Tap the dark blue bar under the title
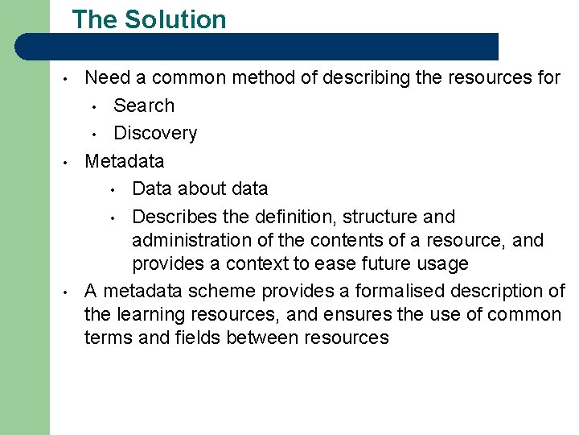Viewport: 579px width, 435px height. point(265,47)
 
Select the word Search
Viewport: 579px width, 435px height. point(144,106)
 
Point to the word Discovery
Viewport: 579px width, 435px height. point(155,133)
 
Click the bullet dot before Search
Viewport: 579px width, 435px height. point(94,107)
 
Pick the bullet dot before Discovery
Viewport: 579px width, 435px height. point(94,135)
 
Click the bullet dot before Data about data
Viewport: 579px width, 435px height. point(113,190)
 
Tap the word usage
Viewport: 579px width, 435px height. point(441,264)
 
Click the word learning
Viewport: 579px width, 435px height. point(146,315)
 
